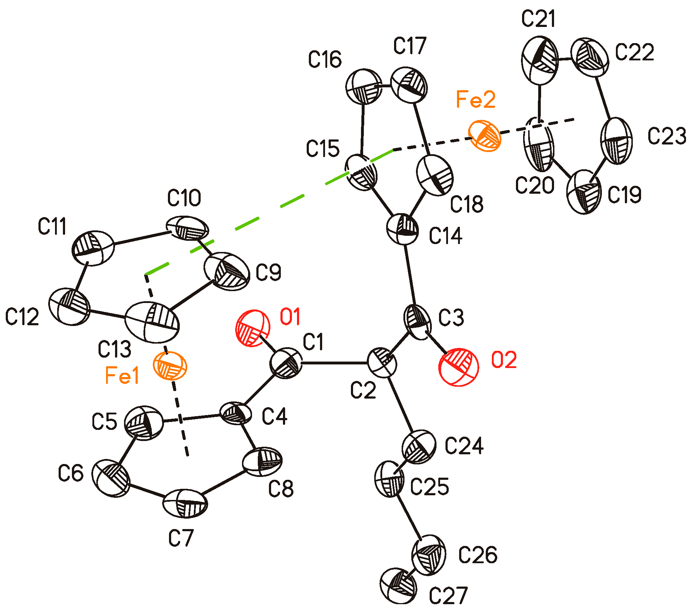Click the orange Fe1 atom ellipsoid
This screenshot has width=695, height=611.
tap(170, 366)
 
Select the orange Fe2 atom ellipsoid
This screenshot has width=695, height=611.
tap(485, 135)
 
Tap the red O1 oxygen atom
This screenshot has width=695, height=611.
tap(252, 328)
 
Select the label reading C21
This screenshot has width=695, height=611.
tap(538, 19)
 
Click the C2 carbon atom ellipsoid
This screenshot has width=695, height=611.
tap(382, 362)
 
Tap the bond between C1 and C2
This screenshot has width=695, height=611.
tap(334, 363)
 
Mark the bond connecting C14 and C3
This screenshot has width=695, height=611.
tap(410, 275)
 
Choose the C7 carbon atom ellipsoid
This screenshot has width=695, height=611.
tap(185, 503)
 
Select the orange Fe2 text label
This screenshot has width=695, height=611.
tap(475, 99)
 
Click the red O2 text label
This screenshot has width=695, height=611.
tap(504, 360)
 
